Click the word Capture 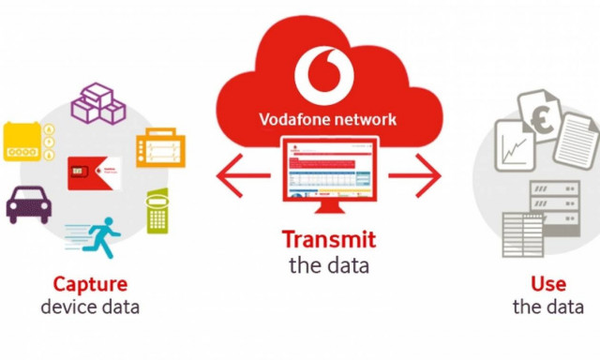[90, 283]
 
